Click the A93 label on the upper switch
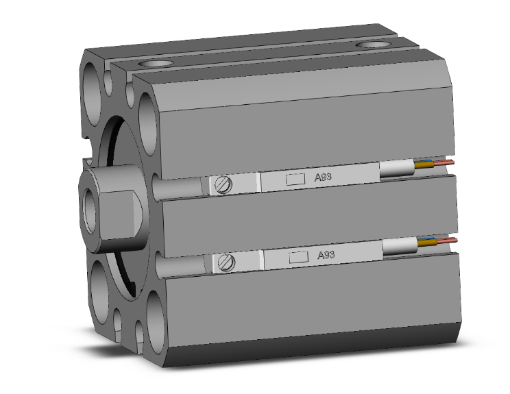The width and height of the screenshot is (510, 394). (x=324, y=177)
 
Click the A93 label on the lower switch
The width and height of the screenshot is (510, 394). (x=326, y=255)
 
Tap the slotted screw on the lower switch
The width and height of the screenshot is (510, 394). (x=226, y=262)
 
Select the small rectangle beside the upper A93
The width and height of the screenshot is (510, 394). (x=295, y=179)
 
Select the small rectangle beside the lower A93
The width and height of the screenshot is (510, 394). (x=297, y=258)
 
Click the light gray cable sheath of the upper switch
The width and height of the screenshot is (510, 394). (x=398, y=169)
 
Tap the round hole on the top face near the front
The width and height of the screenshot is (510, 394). (x=154, y=62)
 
